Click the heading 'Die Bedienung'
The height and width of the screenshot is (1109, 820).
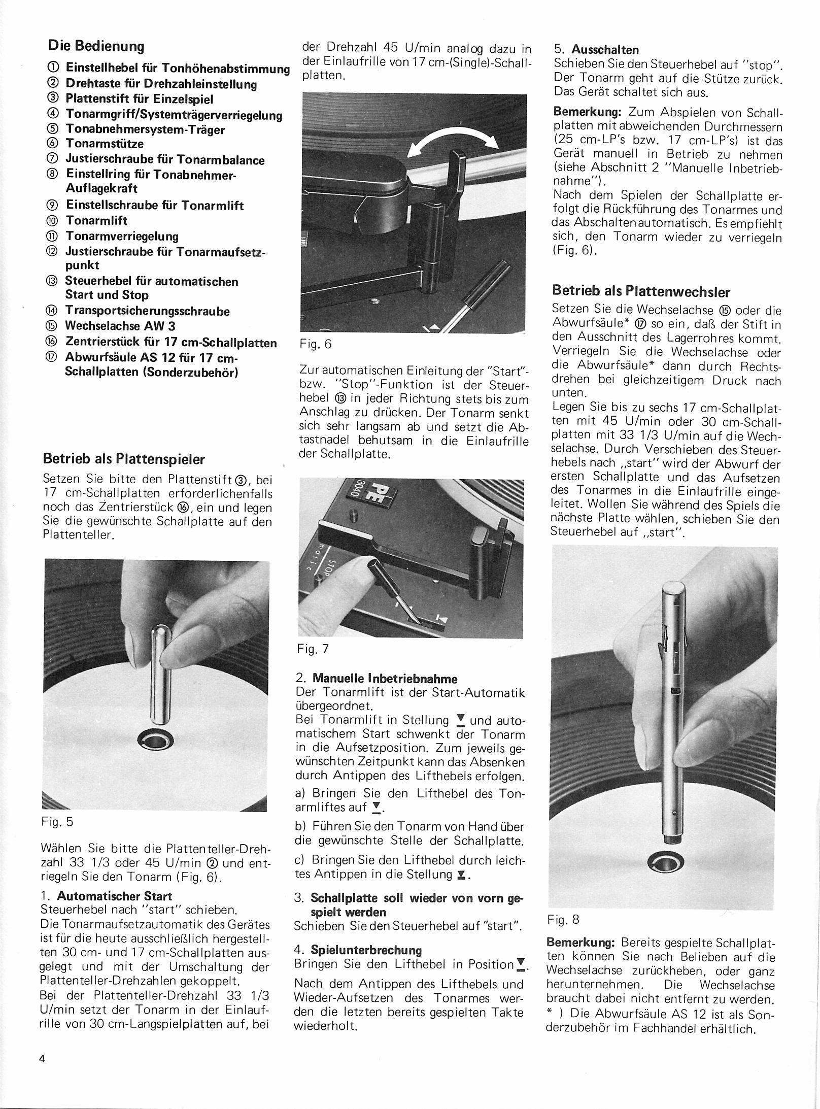(96, 46)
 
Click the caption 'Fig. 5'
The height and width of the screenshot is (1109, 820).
(58, 821)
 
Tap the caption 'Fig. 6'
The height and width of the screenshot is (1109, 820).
(315, 344)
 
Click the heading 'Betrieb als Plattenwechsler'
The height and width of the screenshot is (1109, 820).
(641, 292)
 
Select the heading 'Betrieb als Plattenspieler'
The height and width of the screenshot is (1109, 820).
(124, 459)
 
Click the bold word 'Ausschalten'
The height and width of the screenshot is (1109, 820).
(605, 50)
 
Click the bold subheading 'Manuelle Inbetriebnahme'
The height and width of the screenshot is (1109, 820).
(385, 679)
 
